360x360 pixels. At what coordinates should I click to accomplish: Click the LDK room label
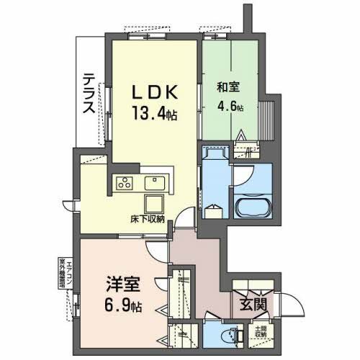(x=153, y=91)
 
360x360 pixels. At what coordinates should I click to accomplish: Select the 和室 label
(x=230, y=89)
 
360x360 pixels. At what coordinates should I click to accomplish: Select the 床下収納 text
(x=148, y=217)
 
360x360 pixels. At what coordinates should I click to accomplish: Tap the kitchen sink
(x=156, y=181)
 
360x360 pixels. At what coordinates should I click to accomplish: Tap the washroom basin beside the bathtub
(x=214, y=211)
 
